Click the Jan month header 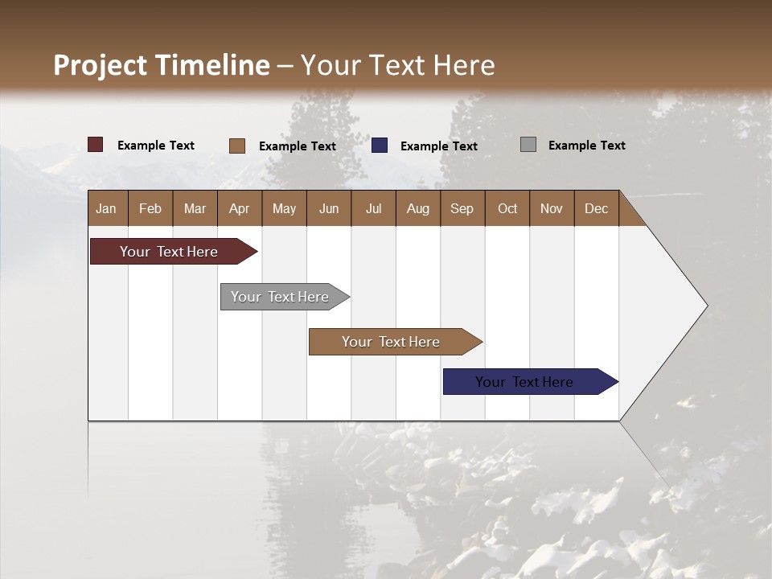click(107, 208)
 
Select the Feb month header click(150, 208)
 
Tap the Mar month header click(195, 208)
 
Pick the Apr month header click(239, 208)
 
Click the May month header click(284, 208)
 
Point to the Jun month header click(329, 208)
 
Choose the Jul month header click(373, 208)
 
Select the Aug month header click(417, 208)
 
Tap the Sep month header click(462, 208)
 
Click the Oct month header click(507, 208)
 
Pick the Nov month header click(551, 208)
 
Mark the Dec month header click(596, 208)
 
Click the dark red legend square click(96, 145)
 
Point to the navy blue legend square click(380, 145)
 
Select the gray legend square click(528, 145)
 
